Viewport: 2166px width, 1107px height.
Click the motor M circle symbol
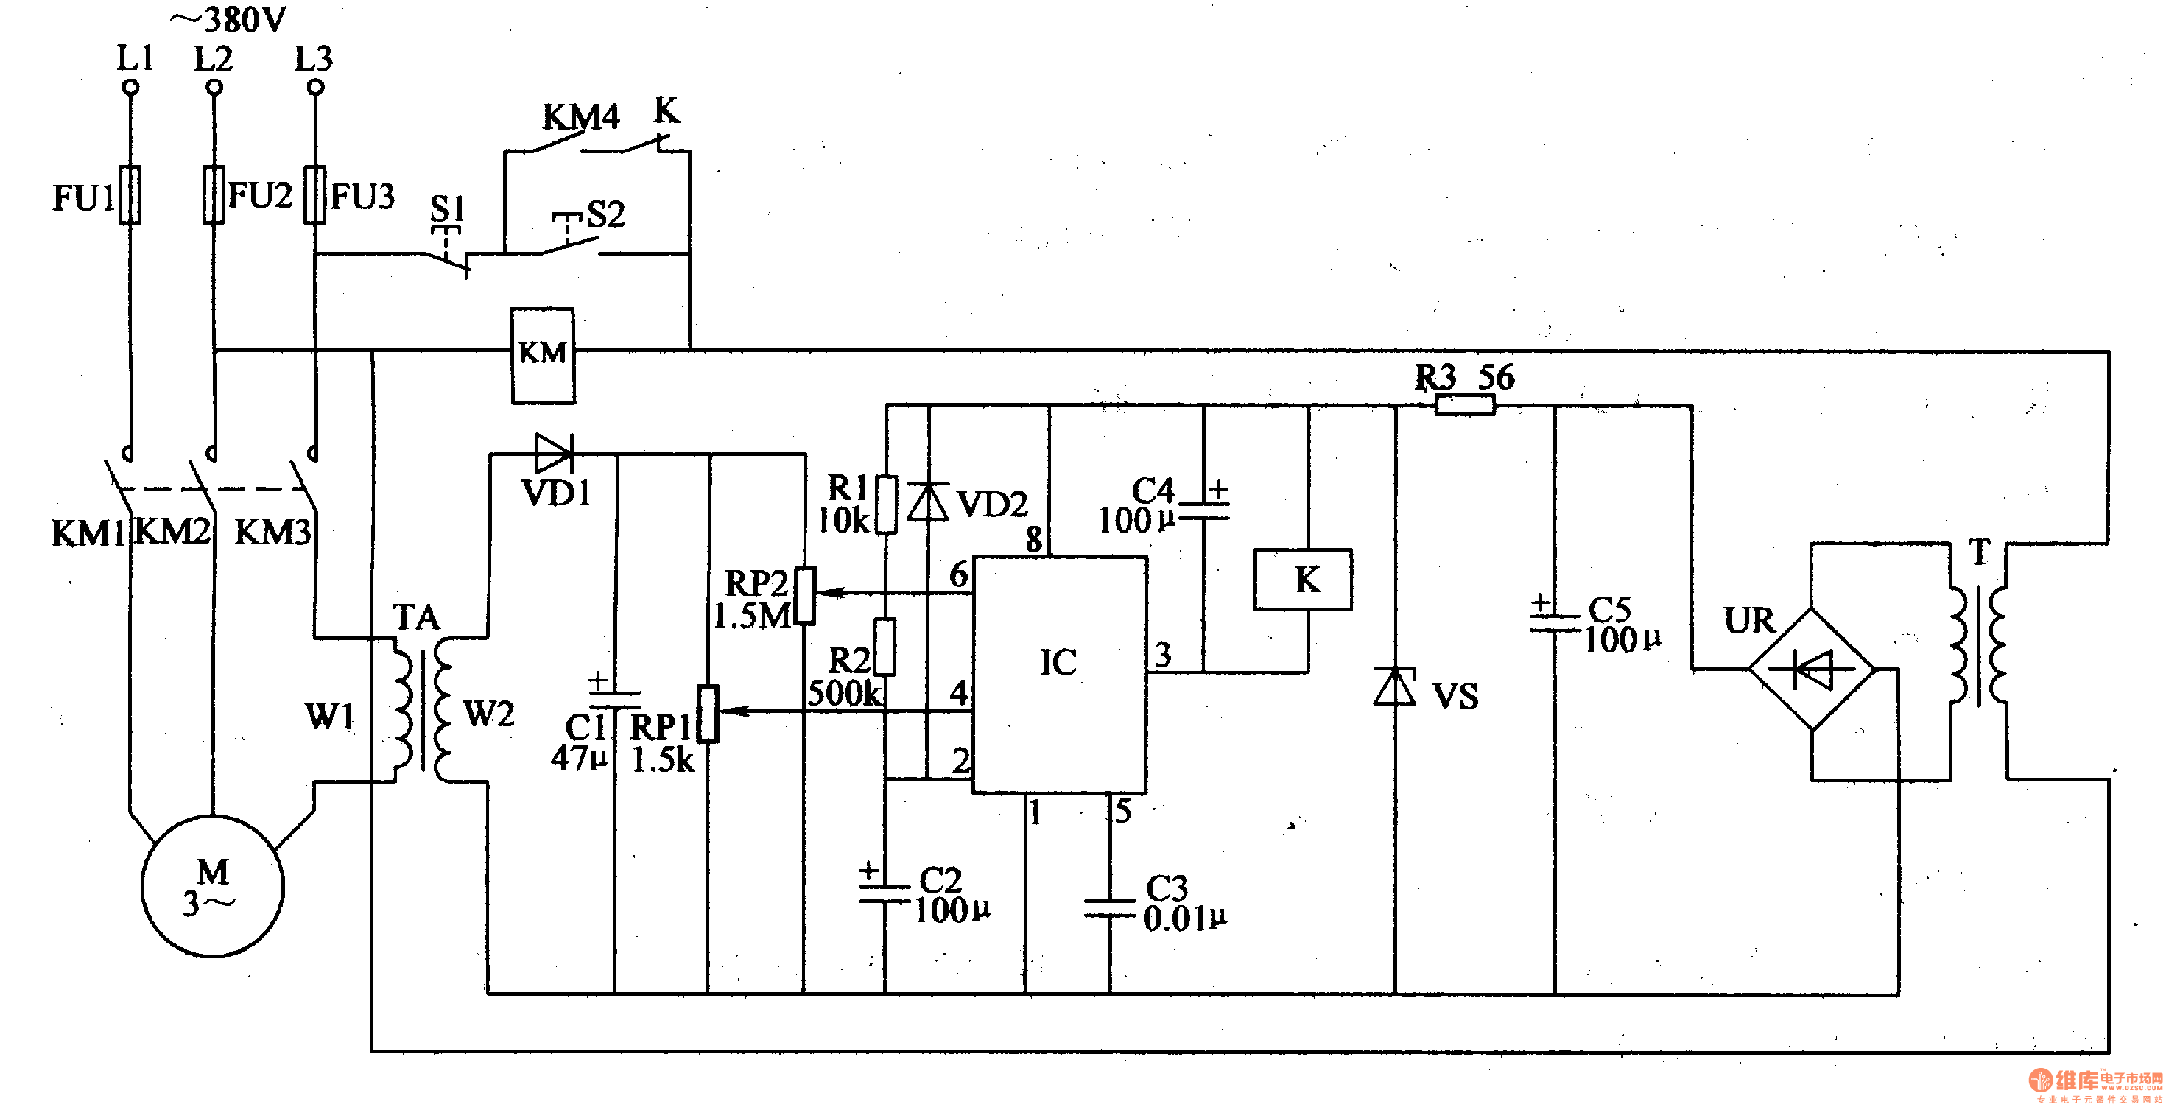212,886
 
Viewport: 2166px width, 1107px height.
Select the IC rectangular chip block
1060,674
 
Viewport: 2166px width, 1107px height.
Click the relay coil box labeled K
1302,580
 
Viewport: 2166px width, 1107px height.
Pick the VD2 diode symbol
928,502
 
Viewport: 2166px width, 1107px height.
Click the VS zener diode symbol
1395,686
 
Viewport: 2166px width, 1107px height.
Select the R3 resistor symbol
1464,407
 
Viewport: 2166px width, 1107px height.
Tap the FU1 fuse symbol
130,195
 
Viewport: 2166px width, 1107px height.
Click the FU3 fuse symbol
314,195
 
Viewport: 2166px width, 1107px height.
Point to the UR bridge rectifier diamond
1811,670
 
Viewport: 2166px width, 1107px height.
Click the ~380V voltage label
229,20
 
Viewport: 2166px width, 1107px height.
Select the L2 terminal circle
214,88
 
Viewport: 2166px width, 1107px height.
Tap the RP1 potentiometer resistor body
708,713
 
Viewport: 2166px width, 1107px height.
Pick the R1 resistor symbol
885,504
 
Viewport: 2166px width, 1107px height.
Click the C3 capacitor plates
1109,907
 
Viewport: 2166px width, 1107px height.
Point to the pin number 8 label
1034,538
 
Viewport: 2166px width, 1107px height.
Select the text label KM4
580,118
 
